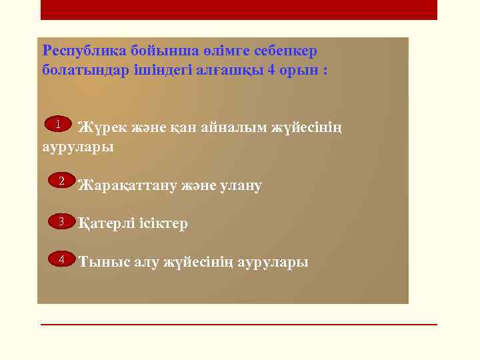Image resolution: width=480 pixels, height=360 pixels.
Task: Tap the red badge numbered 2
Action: pyautogui.click(x=61, y=181)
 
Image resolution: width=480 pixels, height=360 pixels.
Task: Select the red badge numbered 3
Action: pyautogui.click(x=61, y=221)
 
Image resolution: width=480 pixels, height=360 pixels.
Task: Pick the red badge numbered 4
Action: pyautogui.click(x=61, y=259)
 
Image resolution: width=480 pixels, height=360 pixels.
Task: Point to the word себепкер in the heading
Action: pyautogui.click(x=288, y=51)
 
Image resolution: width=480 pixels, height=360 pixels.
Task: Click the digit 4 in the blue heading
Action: pyautogui.click(x=269, y=70)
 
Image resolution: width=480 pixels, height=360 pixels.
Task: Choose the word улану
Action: pyautogui.click(x=238, y=185)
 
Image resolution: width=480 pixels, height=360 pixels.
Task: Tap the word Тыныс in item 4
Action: pyautogui.click(x=100, y=261)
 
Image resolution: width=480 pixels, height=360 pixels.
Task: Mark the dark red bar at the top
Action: pyautogui.click(x=239, y=9)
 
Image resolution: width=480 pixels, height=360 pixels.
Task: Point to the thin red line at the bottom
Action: pyautogui.click(x=239, y=325)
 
